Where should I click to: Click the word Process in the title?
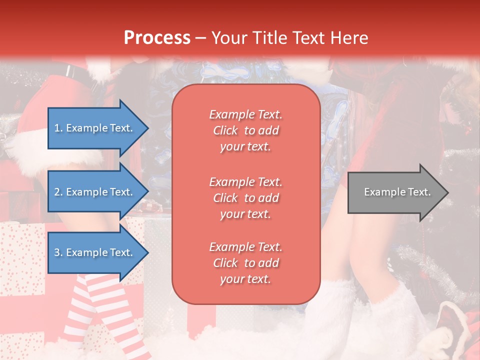coord(157,38)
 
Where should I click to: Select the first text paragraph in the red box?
coord(245,130)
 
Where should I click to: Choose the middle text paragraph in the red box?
coord(245,198)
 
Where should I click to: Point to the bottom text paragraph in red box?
coord(245,263)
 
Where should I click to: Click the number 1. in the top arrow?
coord(58,128)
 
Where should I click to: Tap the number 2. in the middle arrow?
coord(58,192)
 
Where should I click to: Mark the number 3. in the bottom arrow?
coord(58,252)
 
